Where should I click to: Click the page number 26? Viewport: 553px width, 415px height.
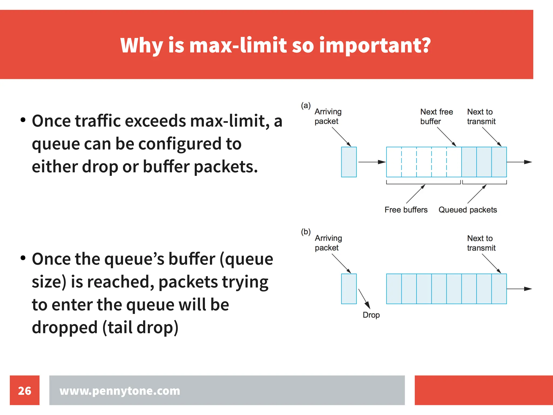(x=25, y=391)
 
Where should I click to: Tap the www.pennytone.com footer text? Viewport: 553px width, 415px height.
(x=120, y=391)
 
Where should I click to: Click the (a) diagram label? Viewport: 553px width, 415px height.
(x=306, y=105)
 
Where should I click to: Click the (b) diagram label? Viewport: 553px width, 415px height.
(x=306, y=232)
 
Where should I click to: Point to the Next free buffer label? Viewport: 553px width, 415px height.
(x=436, y=116)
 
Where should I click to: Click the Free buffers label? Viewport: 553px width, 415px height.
(x=406, y=210)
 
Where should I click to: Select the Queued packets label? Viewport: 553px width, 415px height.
(x=467, y=210)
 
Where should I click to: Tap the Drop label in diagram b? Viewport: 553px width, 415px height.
(x=371, y=315)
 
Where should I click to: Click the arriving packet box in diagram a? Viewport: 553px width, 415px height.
(x=349, y=162)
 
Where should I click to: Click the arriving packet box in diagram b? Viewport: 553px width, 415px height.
(x=349, y=289)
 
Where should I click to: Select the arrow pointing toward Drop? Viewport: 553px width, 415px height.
(x=364, y=298)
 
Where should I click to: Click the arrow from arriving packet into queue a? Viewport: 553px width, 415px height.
(x=372, y=162)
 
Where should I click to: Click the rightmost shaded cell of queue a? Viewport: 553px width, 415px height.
(x=499, y=162)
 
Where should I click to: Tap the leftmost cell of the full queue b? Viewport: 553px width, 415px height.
(x=394, y=289)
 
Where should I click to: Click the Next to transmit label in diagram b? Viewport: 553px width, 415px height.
(x=481, y=243)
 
